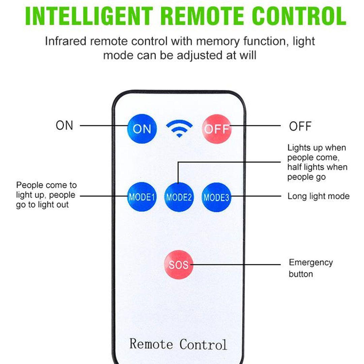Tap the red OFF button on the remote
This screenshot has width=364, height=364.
[217, 129]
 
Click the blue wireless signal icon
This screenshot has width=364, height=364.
[179, 129]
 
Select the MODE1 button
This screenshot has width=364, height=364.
[142, 197]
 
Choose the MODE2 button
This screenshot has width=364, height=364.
[179, 197]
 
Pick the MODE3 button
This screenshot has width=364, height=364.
[216, 197]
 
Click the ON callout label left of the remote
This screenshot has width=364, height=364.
[64, 125]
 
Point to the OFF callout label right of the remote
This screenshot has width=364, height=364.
[300, 126]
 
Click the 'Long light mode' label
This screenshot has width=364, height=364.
[318, 196]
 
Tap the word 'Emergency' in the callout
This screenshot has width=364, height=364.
[311, 263]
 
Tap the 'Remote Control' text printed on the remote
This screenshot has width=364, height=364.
[178, 344]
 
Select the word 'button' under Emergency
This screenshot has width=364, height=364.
[301, 274]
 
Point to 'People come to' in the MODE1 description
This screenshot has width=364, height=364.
[47, 185]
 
